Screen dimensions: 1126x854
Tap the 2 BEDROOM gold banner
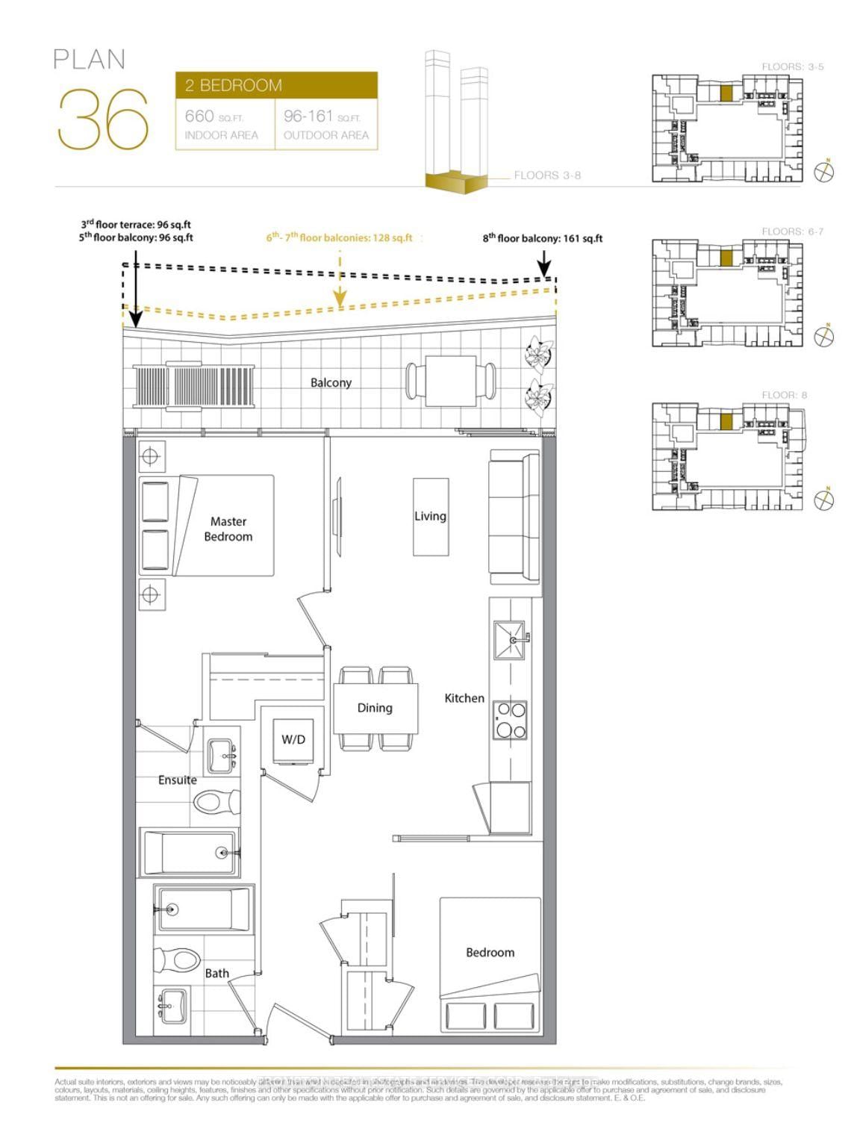(276, 85)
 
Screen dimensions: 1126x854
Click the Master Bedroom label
(228, 529)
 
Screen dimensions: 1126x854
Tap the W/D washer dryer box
(293, 740)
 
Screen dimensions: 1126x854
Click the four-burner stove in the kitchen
(510, 721)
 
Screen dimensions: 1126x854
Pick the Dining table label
(375, 707)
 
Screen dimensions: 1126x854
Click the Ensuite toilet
(216, 803)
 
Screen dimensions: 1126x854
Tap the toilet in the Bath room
(176, 960)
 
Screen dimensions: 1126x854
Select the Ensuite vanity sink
(222, 756)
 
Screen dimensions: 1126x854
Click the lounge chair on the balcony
(194, 387)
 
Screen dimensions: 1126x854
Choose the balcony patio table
(451, 381)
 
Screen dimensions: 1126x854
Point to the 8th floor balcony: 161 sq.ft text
(542, 238)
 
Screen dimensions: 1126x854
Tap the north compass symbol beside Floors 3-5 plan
(823, 172)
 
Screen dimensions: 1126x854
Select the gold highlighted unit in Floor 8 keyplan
(726, 422)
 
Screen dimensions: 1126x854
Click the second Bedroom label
(490, 952)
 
